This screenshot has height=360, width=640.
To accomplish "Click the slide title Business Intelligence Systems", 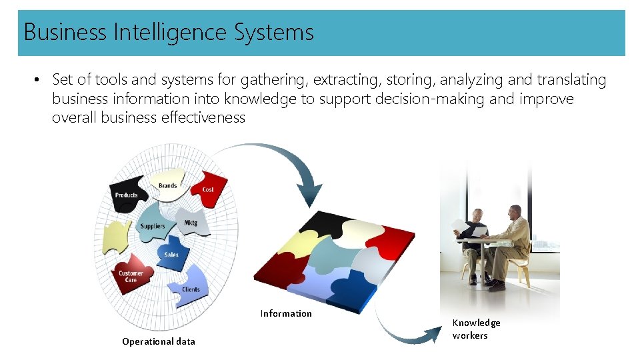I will tap(169, 32).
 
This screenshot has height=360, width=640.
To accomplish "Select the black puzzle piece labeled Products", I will tap(127, 193).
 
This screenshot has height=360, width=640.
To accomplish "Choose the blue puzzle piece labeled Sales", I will tap(172, 251).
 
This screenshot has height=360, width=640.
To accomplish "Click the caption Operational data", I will tap(159, 341).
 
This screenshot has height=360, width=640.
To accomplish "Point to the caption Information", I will tap(286, 313).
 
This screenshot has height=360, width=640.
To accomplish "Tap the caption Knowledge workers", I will tap(476, 329).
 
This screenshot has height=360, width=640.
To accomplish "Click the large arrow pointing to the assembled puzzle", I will tap(280, 163).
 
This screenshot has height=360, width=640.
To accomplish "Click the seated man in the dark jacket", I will tap(475, 240).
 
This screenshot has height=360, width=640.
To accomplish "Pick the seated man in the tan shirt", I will tap(513, 240).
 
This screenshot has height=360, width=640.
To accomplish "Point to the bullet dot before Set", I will tap(39, 81).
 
